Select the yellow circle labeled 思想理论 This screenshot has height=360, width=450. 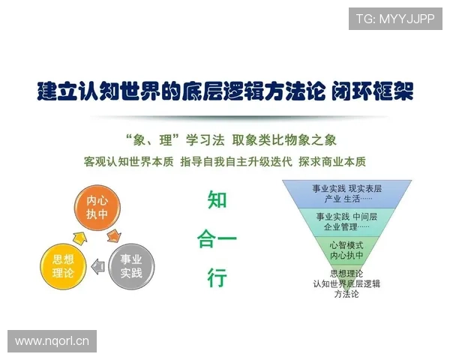[62, 265]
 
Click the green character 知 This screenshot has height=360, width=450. [217, 200]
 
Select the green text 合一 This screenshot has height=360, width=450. [217, 240]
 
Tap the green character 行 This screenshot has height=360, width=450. [217, 278]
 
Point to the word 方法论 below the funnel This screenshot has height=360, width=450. [346, 294]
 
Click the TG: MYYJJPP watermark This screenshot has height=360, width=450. [394, 18]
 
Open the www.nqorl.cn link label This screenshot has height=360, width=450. [52, 341]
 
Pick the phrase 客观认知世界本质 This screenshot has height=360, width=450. [128, 161]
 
